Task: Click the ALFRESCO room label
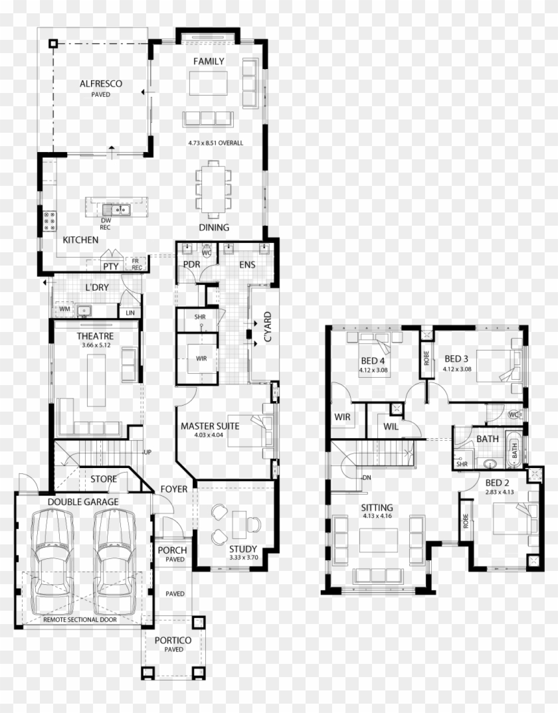pos(100,84)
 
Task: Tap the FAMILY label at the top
pos(209,61)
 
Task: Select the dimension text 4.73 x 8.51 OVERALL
pos(216,143)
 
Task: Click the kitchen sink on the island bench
pos(116,210)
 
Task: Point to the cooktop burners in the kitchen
pos(50,220)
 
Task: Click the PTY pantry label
pos(110,266)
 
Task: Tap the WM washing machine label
pos(64,309)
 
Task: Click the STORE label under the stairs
pos(104,479)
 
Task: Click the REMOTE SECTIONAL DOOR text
pos(80,619)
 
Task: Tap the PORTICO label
pos(173,640)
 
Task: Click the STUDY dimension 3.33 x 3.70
pos(244,557)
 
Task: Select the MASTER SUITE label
pos(210,426)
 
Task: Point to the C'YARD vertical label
pos(268,327)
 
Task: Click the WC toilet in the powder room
pos(207,252)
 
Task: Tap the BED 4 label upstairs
pos(373,360)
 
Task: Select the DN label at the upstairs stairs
pos(367,478)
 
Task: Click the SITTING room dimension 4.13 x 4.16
pos(377,516)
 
